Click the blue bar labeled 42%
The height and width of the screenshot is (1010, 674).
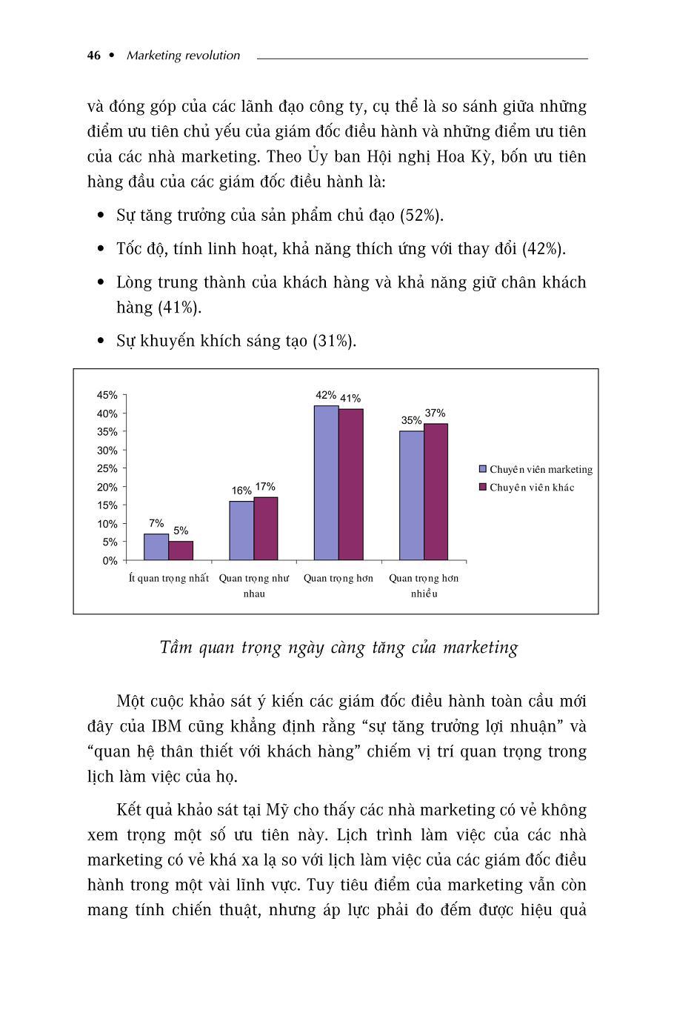point(326,482)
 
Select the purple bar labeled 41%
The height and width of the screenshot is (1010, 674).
point(351,484)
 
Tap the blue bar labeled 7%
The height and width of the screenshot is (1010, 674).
point(156,547)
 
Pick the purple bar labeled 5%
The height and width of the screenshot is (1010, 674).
point(181,551)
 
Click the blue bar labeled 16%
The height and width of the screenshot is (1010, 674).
point(241,531)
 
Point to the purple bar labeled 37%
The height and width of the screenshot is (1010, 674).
point(436,491)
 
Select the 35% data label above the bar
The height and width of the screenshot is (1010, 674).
point(411,420)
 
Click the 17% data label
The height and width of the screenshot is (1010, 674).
point(265,487)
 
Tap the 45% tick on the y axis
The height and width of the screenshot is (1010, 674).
point(107,395)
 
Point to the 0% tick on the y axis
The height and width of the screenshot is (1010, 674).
point(110,561)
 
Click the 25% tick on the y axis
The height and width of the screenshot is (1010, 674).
point(107,468)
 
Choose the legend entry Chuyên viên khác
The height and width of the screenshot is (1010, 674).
point(531,488)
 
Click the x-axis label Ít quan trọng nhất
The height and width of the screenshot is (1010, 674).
point(168,578)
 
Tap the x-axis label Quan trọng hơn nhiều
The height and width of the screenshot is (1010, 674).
point(424,585)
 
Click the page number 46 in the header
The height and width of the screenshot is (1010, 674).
point(93,56)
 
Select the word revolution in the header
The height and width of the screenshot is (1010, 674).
point(213,56)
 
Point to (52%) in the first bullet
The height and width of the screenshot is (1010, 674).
point(421,216)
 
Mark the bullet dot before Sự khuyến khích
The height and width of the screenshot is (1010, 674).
point(101,342)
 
